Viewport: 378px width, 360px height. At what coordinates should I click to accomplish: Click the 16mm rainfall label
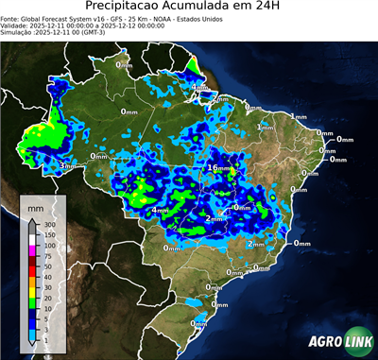pyautogui.click(x=219, y=167)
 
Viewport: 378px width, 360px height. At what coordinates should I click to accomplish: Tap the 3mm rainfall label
pyautogui.click(x=67, y=166)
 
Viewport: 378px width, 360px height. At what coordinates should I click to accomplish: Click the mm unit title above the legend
pyautogui.click(x=35, y=205)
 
